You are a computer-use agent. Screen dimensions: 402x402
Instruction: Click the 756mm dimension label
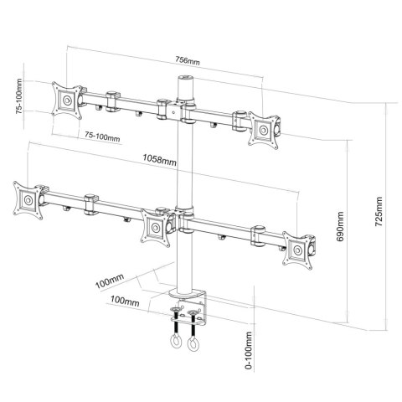pyautogui.click(x=188, y=60)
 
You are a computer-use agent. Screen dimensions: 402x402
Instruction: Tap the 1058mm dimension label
pyautogui.click(x=159, y=160)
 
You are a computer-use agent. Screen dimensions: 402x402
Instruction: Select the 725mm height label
pyautogui.click(x=379, y=212)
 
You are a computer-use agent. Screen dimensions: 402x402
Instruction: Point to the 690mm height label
pyautogui.click(x=340, y=227)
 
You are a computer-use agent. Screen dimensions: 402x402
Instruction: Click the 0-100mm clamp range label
pyautogui.click(x=249, y=350)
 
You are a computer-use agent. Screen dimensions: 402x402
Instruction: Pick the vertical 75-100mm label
pyautogui.click(x=19, y=96)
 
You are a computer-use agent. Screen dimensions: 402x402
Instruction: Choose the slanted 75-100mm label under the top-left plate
pyautogui.click(x=102, y=137)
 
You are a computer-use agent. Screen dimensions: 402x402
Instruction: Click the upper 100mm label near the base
pyautogui.click(x=110, y=281)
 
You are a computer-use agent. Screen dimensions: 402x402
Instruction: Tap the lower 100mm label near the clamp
pyautogui.click(x=125, y=301)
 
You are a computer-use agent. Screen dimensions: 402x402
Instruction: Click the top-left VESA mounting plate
pyautogui.click(x=67, y=100)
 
